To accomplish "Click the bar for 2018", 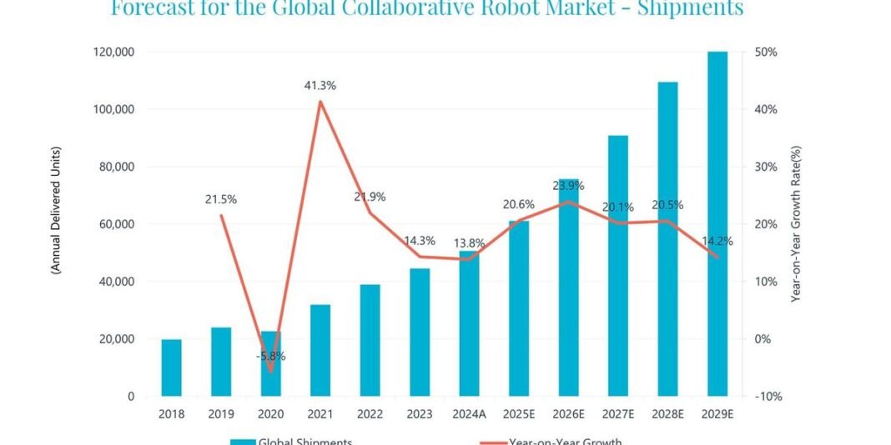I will [171, 367].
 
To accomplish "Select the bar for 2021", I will [320, 350].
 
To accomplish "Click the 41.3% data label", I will [320, 86].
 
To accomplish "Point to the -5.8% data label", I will [270, 356].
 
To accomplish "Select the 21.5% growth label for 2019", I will [221, 199].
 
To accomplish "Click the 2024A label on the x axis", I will [469, 412].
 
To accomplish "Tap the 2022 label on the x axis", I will [370, 412].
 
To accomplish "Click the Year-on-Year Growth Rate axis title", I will [796, 223].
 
